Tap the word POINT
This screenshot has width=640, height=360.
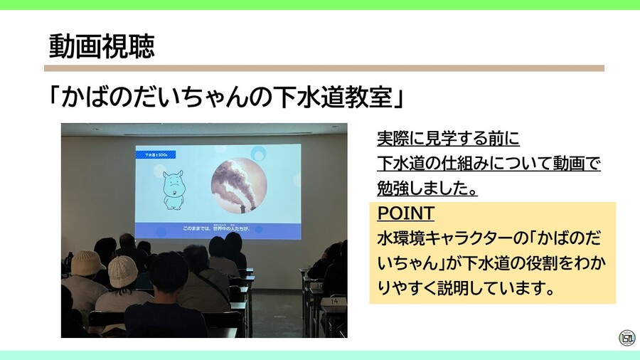pyautogui.click(x=405, y=213)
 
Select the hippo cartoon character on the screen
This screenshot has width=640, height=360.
pyautogui.click(x=172, y=189)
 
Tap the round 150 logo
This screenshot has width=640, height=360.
pyautogui.click(x=626, y=338)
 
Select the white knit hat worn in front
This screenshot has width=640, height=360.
pyautogui.click(x=122, y=270)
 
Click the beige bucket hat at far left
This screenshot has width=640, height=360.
pyautogui.click(x=87, y=263)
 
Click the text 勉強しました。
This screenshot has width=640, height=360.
pyautogui.click(x=427, y=189)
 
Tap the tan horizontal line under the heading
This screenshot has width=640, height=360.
pyautogui.click(x=324, y=68)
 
